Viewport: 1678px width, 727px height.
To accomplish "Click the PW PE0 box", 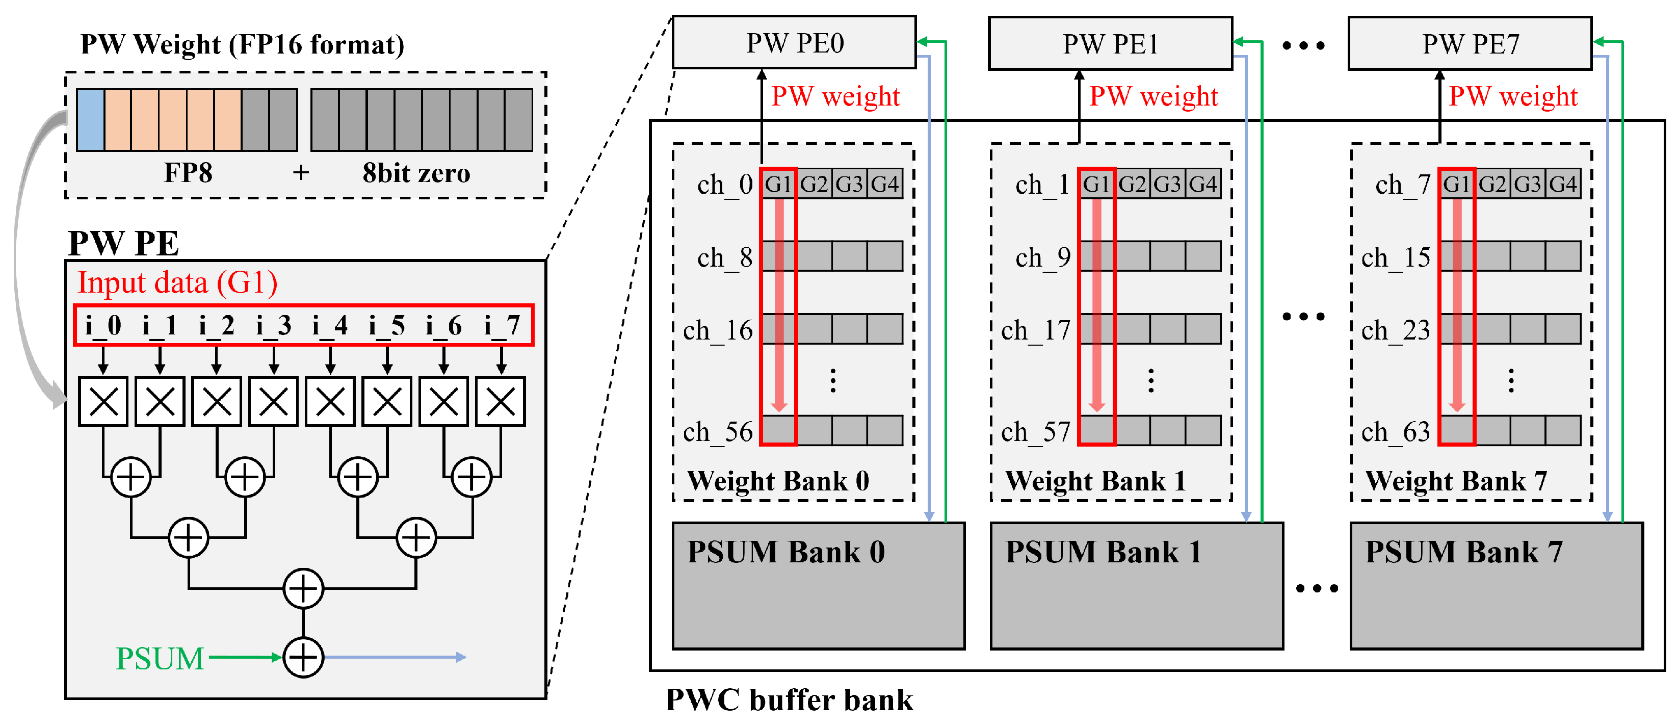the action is [x=794, y=42].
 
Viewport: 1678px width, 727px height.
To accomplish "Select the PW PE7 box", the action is [x=1470, y=43].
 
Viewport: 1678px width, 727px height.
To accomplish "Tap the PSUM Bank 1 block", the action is [x=1137, y=586].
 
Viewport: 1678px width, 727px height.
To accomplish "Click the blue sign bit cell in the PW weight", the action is [x=91, y=120].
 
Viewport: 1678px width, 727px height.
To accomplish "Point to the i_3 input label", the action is [x=274, y=324].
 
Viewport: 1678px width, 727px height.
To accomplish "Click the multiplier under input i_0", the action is [x=103, y=401].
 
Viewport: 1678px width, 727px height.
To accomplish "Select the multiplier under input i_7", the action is [x=500, y=401].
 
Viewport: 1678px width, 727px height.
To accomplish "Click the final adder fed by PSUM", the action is [x=303, y=657].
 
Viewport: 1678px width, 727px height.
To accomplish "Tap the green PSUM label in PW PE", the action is [x=160, y=658].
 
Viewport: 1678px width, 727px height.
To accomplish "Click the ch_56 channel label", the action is [x=718, y=432].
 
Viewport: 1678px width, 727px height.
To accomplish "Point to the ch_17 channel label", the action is [x=1036, y=330].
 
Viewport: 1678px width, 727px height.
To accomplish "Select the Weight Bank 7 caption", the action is [x=1456, y=481].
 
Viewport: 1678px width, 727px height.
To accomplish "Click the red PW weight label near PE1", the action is [x=1153, y=96].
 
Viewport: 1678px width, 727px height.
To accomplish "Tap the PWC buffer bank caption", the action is [x=790, y=699].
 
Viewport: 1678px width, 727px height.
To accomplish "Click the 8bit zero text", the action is [x=416, y=173].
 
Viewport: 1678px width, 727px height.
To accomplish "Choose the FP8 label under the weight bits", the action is [x=188, y=173].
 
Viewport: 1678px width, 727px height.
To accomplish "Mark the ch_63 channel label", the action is [x=1396, y=432].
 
